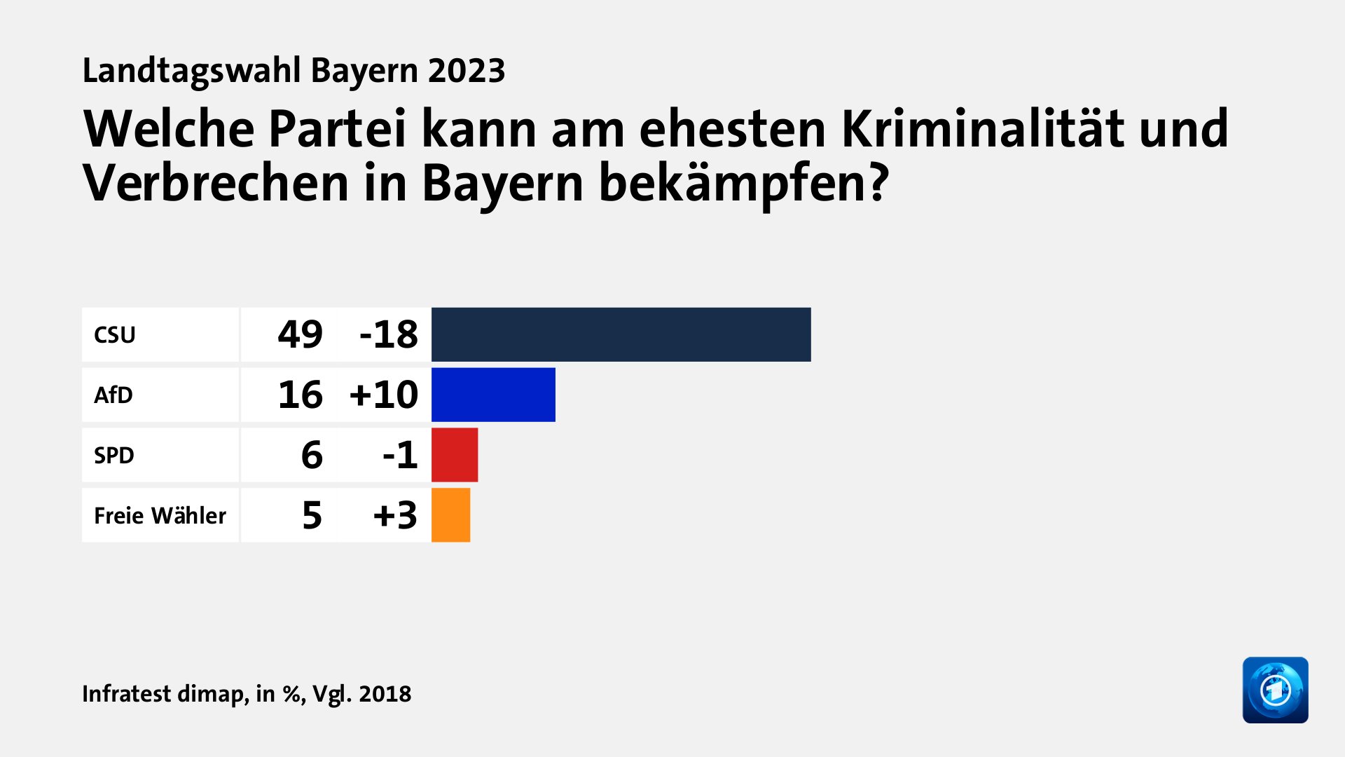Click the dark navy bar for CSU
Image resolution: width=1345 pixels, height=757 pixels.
(621, 334)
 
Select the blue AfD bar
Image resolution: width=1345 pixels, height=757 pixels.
(493, 395)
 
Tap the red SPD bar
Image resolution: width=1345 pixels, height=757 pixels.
(455, 455)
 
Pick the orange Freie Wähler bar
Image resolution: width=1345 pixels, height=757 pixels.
(450, 515)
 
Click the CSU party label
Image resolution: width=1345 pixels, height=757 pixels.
(115, 335)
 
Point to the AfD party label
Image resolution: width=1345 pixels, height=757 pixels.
(113, 395)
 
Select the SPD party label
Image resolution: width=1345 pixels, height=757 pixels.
(114, 456)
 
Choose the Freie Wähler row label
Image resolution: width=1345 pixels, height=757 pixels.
(160, 516)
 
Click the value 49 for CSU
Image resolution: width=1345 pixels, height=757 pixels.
(301, 334)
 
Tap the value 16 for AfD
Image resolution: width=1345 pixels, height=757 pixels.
(301, 395)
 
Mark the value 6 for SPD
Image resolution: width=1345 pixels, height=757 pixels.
(312, 455)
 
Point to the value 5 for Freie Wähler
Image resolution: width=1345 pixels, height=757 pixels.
(312, 515)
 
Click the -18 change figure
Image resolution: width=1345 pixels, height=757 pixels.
(389, 334)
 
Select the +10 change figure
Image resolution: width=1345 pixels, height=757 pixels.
(384, 395)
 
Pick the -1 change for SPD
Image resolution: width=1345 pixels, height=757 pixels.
(400, 455)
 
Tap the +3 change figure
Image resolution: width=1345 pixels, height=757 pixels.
(395, 515)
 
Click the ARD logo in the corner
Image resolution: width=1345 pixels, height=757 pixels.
(1275, 690)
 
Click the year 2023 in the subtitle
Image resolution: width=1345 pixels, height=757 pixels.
(467, 71)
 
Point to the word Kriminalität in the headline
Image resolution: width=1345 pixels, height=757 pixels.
(983, 129)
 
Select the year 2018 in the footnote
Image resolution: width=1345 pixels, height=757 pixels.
(385, 694)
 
